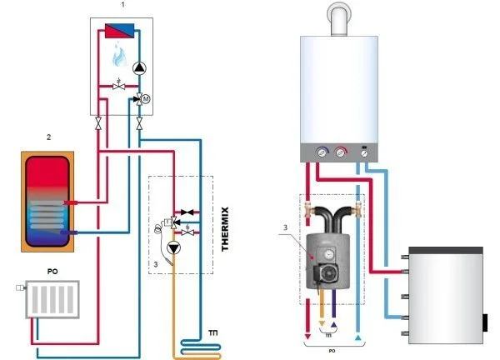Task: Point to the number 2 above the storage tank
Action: coord(48,136)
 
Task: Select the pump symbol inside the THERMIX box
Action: coord(173,247)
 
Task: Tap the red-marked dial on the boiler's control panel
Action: coord(339,153)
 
